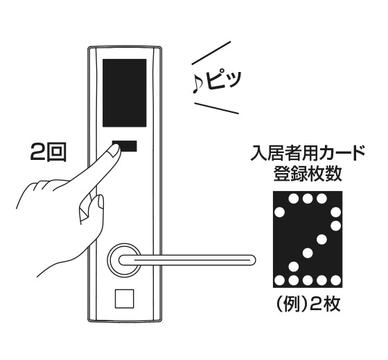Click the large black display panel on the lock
pos(125,93)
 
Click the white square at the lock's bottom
pos(124,298)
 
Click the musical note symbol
pos(197,84)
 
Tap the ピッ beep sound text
pos(224,80)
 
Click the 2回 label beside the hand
pos(48,153)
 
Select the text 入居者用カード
pos(308,153)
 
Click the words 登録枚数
pos(308,174)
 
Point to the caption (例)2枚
pos(308,304)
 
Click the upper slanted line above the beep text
pos(211,53)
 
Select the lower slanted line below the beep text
pos(217,108)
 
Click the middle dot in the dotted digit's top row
pos(308,199)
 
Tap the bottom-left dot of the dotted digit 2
pos(280,280)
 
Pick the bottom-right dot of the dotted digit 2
pos(335,280)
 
